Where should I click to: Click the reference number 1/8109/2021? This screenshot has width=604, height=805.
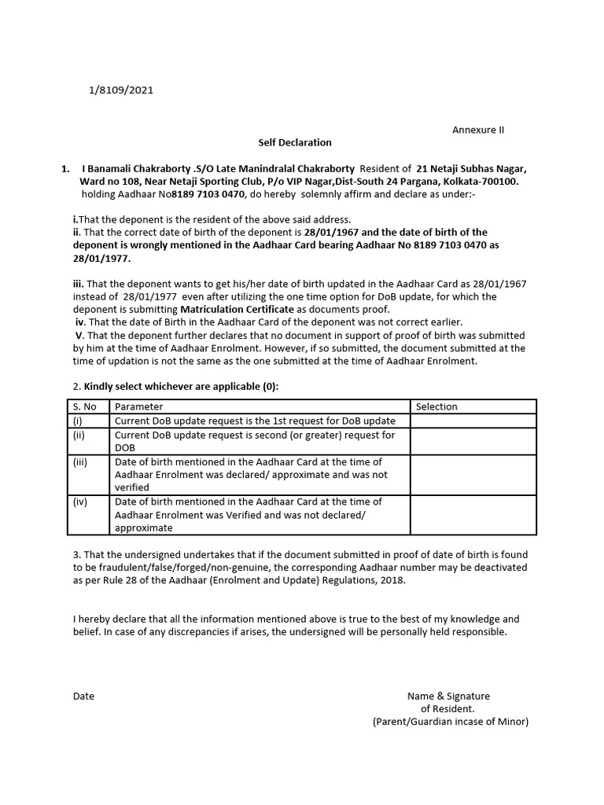pos(121,90)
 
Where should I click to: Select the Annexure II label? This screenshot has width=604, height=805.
pos(477,130)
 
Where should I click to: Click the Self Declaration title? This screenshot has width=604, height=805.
pos(295,142)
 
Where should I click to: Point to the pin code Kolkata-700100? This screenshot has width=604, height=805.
pos(481,181)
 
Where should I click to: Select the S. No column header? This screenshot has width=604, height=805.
pos(85,406)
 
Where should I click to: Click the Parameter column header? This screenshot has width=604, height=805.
pos(139,406)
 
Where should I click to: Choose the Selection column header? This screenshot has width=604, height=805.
pos(436,406)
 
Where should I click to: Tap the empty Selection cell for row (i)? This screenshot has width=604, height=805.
pos(473,421)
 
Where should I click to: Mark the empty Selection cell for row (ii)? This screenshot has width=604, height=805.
pos(473,441)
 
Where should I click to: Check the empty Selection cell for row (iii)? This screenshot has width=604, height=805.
pos(473,475)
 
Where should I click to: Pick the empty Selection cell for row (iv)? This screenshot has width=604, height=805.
pos(473,515)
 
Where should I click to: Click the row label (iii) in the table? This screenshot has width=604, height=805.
pos(80,462)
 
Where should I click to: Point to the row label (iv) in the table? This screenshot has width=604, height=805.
pos(80,502)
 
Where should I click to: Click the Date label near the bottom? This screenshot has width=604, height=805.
pos(83,696)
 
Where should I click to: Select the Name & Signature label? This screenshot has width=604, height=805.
pos(448,696)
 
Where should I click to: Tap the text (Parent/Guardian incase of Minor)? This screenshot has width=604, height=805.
pos(451,721)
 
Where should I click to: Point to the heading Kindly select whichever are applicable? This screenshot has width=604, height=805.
pos(181,387)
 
